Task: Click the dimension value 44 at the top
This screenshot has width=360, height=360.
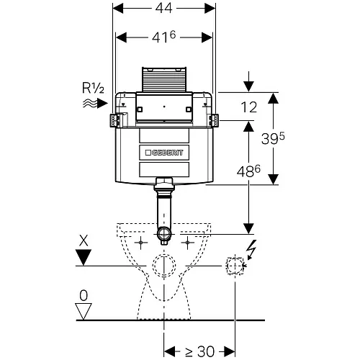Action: tap(163, 8)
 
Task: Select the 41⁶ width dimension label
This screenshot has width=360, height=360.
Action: tap(163, 37)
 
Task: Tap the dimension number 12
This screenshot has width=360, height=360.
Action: tap(249, 107)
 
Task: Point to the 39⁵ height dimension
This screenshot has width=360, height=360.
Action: tap(273, 138)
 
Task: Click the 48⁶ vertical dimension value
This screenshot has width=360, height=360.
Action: tap(248, 171)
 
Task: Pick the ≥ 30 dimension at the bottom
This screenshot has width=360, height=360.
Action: tap(200, 351)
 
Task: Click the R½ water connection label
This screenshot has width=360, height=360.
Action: tap(93, 88)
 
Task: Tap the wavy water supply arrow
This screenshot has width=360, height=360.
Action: tap(95, 104)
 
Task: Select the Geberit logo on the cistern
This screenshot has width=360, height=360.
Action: tap(164, 153)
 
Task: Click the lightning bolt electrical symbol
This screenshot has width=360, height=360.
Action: tap(252, 250)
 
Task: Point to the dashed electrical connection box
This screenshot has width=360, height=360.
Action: tap(235, 266)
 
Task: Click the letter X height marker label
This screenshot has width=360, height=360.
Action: tap(84, 240)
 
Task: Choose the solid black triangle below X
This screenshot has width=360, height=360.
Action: tap(84, 257)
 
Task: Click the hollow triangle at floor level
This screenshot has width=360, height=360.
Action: tap(84, 311)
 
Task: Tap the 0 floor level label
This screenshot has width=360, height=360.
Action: tap(84, 295)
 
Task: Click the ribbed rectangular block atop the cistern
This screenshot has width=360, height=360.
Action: tap(164, 79)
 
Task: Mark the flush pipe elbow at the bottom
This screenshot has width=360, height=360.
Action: tap(164, 235)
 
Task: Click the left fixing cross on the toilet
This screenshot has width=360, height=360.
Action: tap(141, 243)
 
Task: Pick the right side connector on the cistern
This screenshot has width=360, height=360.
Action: tap(213, 120)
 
